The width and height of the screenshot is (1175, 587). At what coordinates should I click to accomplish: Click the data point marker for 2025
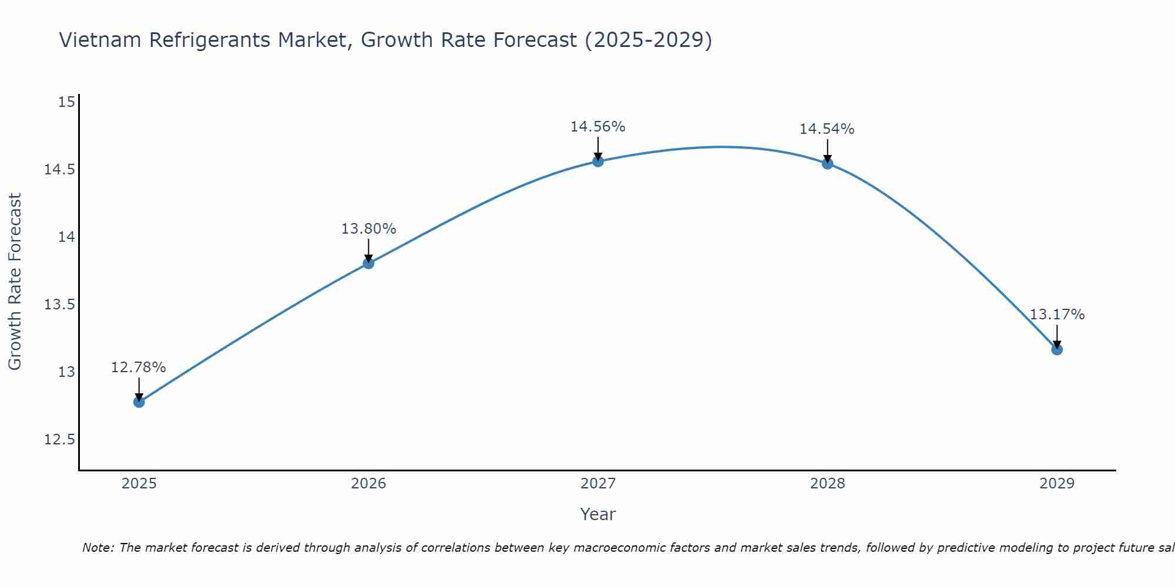click(x=139, y=402)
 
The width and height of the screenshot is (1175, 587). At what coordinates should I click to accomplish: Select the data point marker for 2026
click(x=368, y=263)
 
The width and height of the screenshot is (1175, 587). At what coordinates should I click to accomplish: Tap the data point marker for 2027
click(x=598, y=161)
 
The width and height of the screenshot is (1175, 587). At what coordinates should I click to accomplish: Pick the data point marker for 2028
click(x=827, y=163)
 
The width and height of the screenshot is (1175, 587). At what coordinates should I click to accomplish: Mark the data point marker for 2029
click(x=1057, y=349)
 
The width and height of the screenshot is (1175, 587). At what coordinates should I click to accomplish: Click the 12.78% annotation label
click(x=139, y=367)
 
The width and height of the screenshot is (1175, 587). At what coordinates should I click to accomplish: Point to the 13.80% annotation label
click(x=368, y=229)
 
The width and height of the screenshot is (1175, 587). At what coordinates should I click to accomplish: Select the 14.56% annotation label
click(x=598, y=127)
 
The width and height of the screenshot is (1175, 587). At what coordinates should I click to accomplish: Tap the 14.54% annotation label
click(x=827, y=129)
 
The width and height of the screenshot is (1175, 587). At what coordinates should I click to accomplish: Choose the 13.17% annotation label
click(x=1057, y=315)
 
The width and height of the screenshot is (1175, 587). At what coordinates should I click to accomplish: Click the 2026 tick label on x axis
click(x=368, y=484)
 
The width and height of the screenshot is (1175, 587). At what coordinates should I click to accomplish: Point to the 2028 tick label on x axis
click(x=827, y=484)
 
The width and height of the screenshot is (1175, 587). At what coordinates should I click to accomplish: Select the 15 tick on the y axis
click(x=67, y=102)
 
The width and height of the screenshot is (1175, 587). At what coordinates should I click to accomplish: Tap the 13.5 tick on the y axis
click(x=59, y=305)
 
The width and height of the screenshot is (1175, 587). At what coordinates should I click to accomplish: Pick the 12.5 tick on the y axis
click(x=59, y=440)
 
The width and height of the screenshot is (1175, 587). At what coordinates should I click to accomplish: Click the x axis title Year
click(x=598, y=514)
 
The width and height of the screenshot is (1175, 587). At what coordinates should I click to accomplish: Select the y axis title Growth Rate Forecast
click(x=15, y=281)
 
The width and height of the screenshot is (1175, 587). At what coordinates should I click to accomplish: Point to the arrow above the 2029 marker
click(x=1057, y=336)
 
